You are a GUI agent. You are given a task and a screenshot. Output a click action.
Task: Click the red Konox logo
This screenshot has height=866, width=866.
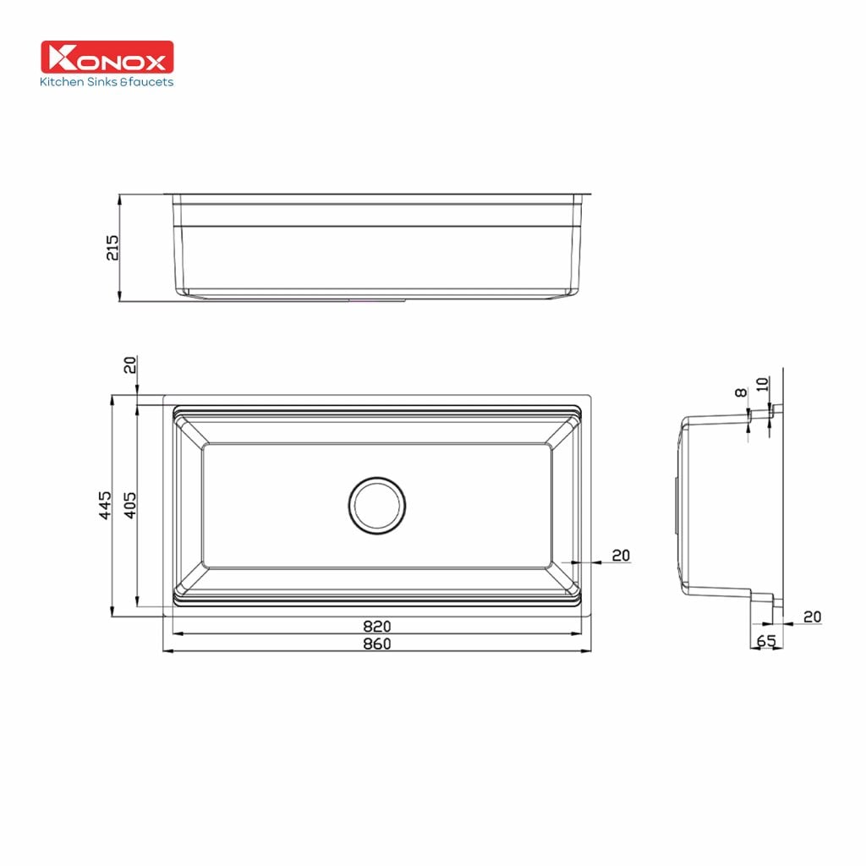(x=107, y=57)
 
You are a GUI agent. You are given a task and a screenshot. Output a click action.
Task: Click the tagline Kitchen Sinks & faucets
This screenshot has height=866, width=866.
(x=107, y=82)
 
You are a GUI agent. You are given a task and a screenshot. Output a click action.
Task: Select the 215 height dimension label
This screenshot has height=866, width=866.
(x=112, y=248)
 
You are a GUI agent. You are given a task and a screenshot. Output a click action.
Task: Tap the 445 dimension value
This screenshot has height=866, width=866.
(x=105, y=505)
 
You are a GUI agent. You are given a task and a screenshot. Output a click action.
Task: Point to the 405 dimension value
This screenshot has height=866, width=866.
(x=129, y=505)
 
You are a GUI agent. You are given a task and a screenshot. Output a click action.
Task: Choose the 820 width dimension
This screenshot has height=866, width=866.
(x=376, y=626)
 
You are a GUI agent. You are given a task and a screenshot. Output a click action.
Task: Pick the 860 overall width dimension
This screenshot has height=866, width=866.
(x=376, y=644)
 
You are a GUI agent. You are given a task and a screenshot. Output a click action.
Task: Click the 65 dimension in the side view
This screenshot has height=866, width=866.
(x=766, y=641)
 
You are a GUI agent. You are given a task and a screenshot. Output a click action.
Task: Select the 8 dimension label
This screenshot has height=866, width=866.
(x=741, y=392)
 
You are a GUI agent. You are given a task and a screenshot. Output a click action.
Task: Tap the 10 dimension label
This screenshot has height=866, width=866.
(x=762, y=384)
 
